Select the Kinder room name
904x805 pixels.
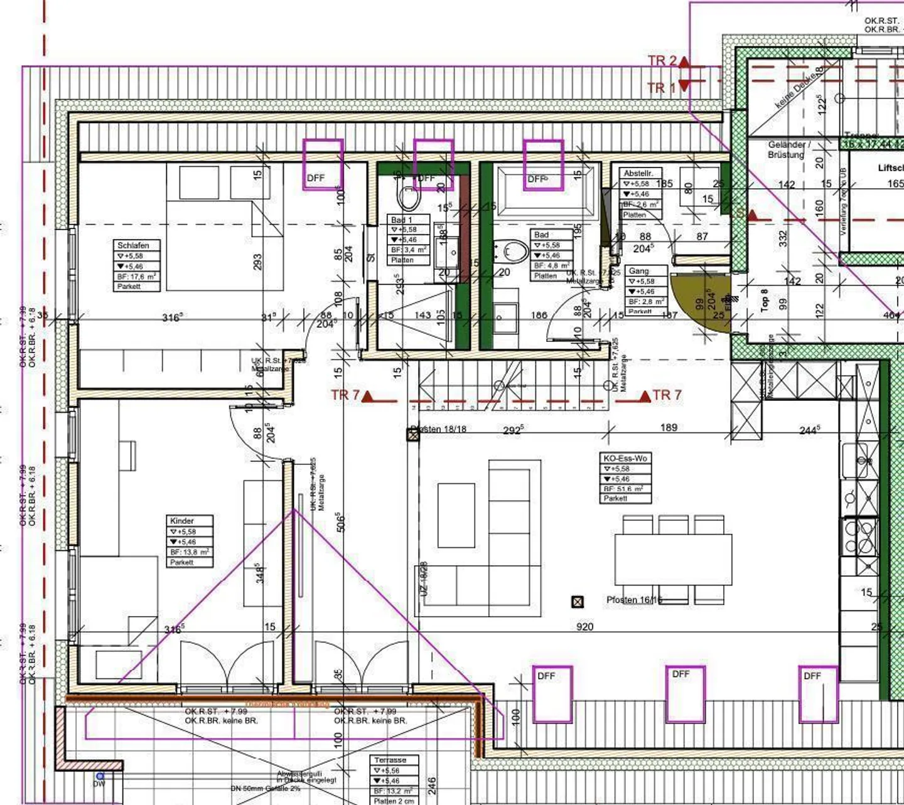(181, 521)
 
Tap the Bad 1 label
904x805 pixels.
(402, 220)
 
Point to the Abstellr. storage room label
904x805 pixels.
(638, 173)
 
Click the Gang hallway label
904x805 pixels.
(638, 271)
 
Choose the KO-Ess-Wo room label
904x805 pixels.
(624, 458)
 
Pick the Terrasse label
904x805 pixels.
(390, 760)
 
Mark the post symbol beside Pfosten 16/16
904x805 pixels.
(578, 602)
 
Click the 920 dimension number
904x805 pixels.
(584, 626)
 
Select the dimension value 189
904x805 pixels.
(669, 427)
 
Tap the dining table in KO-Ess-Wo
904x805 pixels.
(673, 560)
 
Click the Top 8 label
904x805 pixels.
(764, 301)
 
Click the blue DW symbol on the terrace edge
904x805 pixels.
(99, 777)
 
